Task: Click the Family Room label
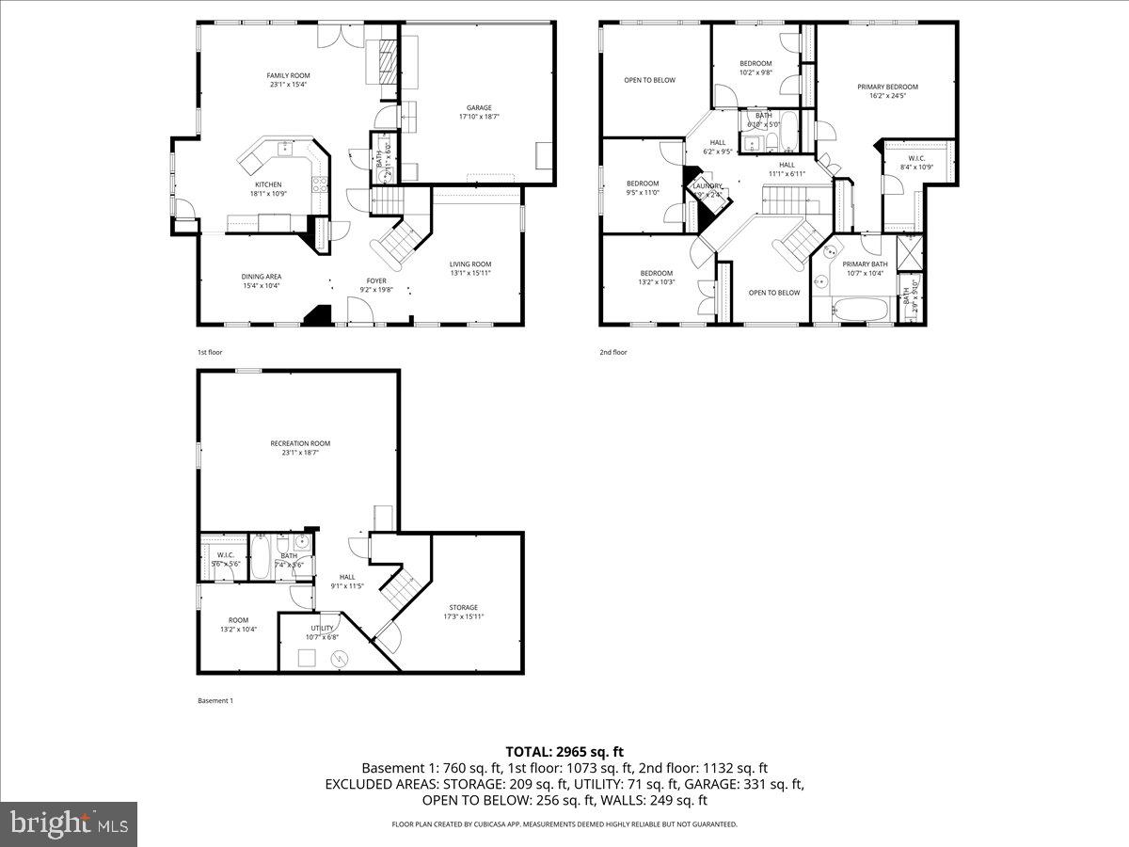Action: (x=288, y=75)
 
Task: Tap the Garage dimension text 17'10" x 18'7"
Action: (x=479, y=118)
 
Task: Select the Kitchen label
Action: (x=268, y=184)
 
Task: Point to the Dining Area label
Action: (x=262, y=276)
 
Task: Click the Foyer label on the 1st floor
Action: (x=376, y=280)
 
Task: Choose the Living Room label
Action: (x=470, y=264)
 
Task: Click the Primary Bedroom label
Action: (x=887, y=87)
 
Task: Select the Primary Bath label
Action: (x=865, y=264)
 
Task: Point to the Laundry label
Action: (x=708, y=186)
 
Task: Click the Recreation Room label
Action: (x=300, y=443)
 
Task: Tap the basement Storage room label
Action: (x=463, y=607)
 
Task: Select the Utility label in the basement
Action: (x=322, y=628)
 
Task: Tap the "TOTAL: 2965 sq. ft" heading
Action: (x=564, y=751)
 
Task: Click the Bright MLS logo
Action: (x=69, y=824)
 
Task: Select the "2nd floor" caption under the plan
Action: (x=612, y=352)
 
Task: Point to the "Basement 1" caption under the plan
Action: (x=215, y=700)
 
